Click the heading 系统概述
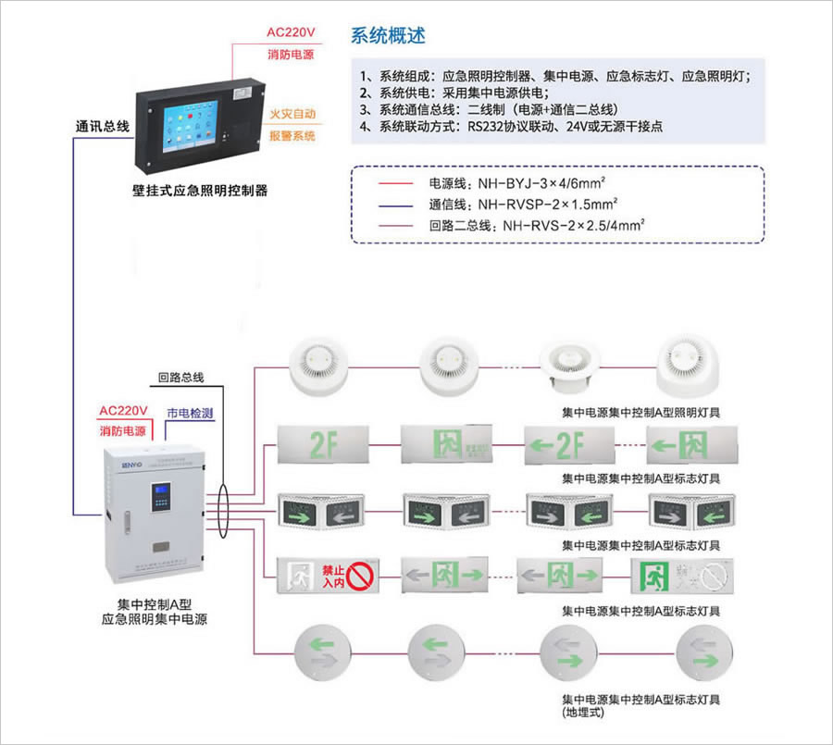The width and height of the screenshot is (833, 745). [x=389, y=36]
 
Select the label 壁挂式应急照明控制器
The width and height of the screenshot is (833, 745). [x=199, y=192]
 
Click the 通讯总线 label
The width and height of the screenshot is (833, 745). [x=102, y=125]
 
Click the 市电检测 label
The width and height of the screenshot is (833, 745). [x=190, y=412]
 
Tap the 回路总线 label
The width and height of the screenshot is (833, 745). [x=180, y=378]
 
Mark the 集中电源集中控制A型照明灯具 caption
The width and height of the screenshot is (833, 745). [x=640, y=413]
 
